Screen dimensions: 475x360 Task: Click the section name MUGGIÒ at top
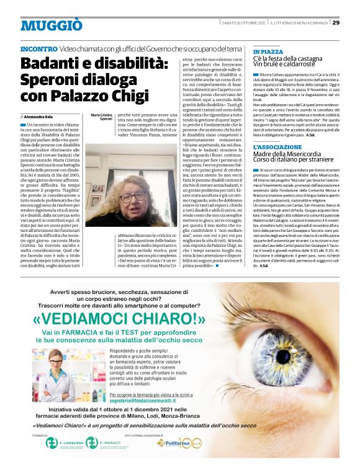(51, 25)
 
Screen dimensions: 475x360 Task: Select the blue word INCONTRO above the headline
(39, 48)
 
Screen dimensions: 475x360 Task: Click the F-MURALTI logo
(102, 460)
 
